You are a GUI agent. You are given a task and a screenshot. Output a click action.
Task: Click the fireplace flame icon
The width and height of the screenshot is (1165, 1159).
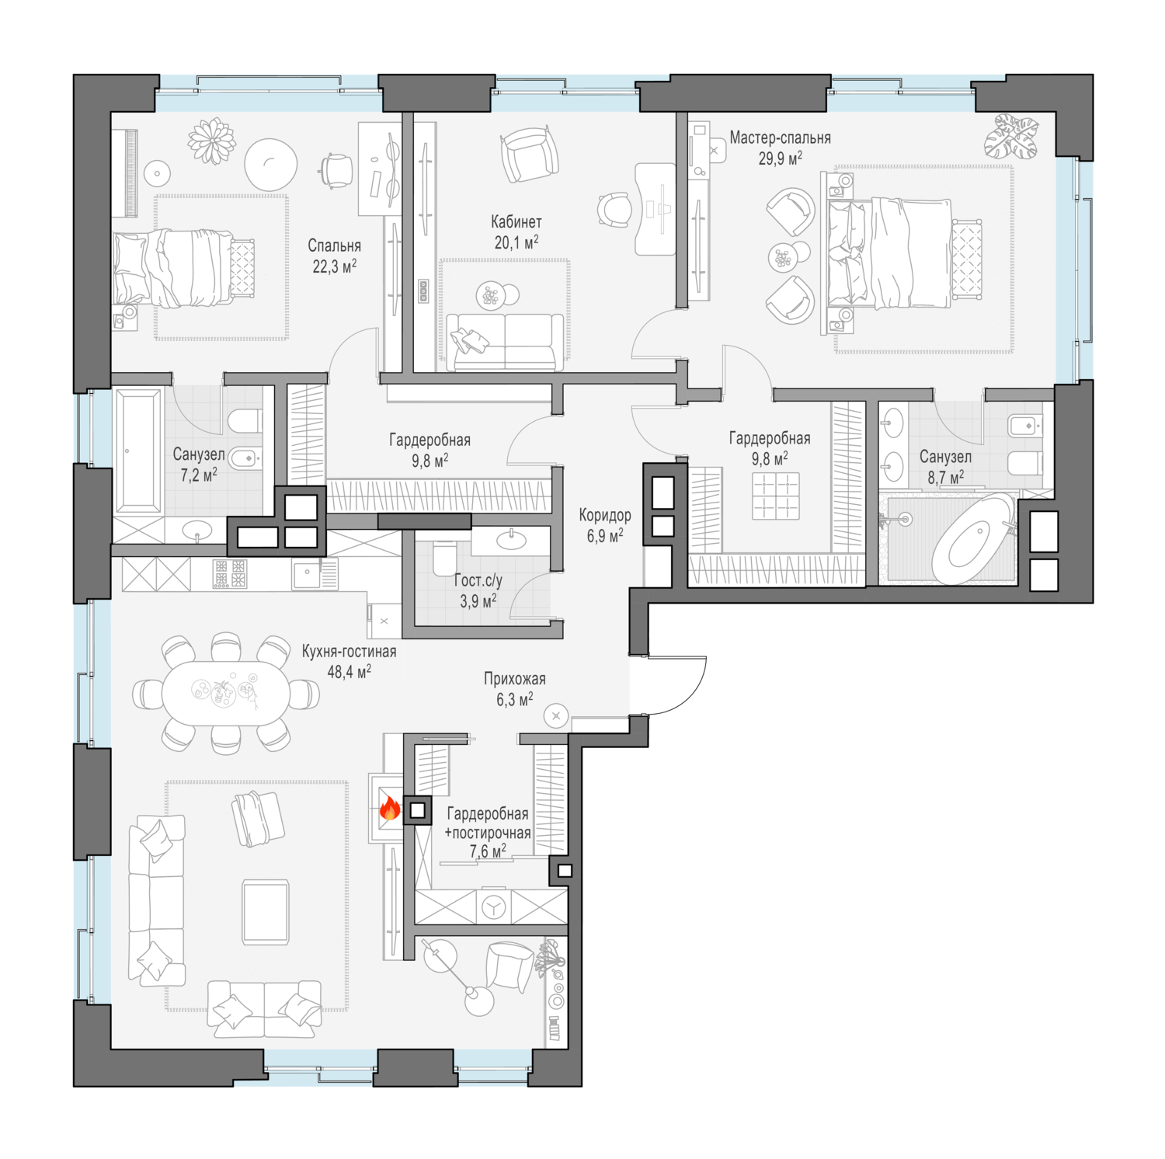389,809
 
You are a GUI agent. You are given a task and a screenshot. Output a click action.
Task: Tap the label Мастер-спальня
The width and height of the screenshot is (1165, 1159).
780,137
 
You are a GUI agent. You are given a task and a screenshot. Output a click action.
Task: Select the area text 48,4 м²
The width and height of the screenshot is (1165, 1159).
349,671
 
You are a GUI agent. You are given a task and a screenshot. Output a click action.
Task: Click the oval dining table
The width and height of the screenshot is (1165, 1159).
226,693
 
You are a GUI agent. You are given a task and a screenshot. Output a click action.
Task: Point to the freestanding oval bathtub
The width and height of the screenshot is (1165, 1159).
973,538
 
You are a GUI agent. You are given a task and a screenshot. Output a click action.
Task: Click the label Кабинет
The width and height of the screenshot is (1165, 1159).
516,221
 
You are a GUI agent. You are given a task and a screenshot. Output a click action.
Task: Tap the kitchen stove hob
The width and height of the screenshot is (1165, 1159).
230,574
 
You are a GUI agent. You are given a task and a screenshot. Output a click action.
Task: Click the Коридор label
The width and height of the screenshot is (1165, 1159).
605,514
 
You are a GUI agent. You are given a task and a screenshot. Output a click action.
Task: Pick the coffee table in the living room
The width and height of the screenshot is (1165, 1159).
266,911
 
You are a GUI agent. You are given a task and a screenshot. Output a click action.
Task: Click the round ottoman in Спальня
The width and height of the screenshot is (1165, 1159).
270,164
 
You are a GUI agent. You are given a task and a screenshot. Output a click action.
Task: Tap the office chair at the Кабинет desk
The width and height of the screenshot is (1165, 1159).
614,210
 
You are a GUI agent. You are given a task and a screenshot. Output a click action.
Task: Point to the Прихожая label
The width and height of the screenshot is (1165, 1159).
515,678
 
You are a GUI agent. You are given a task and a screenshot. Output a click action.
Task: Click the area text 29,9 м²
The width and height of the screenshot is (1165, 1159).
780,158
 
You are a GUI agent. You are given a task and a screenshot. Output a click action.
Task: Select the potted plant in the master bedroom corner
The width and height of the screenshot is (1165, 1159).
1011,137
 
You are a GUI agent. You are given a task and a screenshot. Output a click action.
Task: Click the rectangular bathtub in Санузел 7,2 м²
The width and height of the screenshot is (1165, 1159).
138,451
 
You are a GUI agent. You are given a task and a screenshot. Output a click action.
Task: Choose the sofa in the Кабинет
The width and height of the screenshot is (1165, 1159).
505,342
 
